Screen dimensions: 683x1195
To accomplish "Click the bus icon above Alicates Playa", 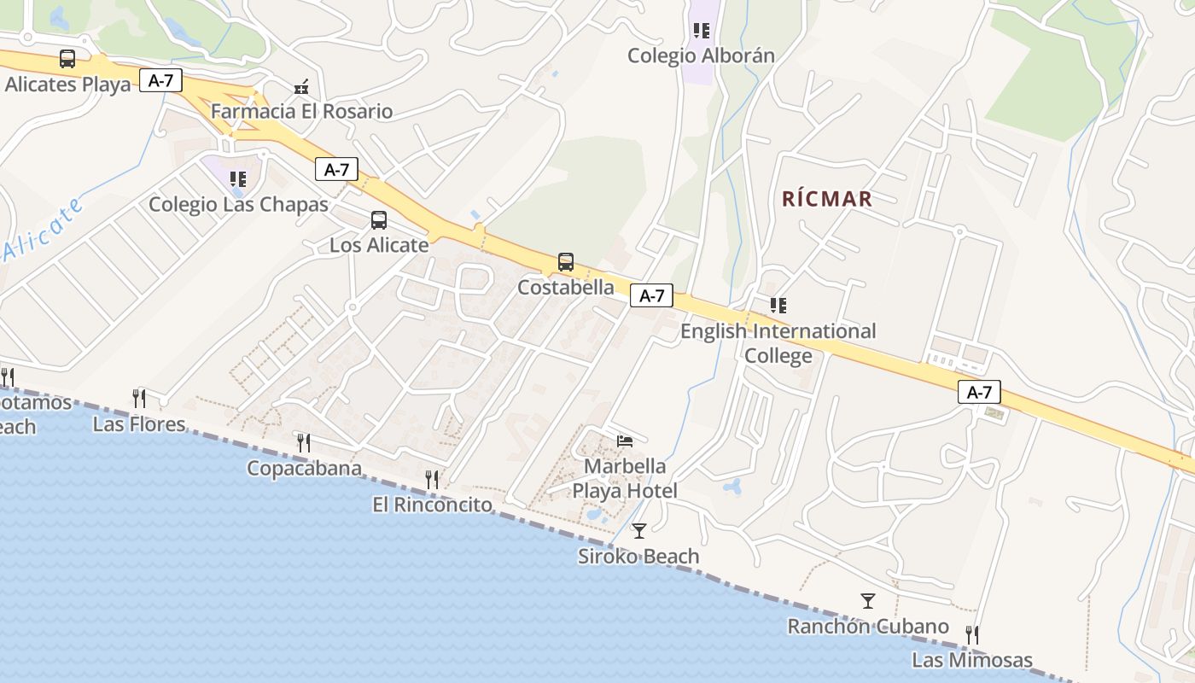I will (x=67, y=59).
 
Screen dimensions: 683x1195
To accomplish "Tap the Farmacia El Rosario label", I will (x=301, y=111).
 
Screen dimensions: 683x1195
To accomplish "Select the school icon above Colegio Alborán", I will (x=702, y=32).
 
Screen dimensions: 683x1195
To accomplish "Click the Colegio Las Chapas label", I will (x=238, y=204).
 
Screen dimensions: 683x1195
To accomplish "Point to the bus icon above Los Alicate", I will (x=379, y=220).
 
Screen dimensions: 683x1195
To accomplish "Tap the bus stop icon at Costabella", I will (x=565, y=262).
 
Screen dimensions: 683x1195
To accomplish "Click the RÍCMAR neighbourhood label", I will (x=827, y=199).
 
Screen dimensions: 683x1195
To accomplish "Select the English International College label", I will (x=778, y=342).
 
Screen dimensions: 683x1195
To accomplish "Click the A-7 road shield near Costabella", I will (x=651, y=296).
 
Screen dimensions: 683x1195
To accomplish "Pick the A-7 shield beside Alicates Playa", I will (x=160, y=81).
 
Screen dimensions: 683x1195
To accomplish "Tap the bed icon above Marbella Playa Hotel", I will (x=626, y=441).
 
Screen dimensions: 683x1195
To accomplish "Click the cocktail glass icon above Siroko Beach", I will (x=638, y=531).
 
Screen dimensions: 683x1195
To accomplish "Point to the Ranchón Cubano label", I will (x=867, y=627).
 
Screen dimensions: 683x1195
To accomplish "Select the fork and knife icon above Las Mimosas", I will (x=971, y=634).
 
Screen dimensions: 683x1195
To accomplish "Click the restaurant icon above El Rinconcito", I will (x=432, y=479).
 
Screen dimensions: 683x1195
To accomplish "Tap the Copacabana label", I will (x=304, y=468).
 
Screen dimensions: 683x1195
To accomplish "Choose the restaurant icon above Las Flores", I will (x=139, y=398).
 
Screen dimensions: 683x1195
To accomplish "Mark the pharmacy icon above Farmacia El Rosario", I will (x=301, y=86).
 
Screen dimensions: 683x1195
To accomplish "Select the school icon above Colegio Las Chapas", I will (x=238, y=178).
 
